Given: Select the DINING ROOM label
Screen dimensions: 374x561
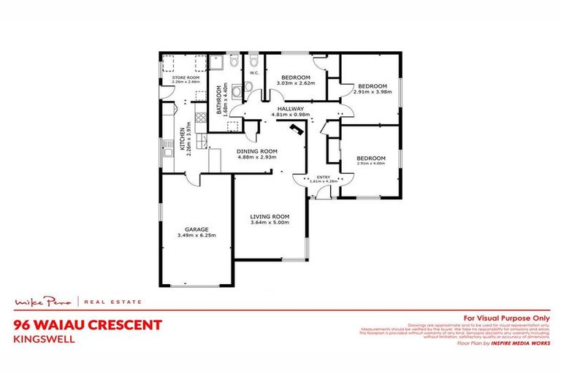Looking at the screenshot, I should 255,151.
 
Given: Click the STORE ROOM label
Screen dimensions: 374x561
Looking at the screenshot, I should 186,77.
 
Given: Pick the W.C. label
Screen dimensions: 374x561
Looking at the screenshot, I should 255,73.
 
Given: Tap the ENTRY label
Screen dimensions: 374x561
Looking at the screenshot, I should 322,178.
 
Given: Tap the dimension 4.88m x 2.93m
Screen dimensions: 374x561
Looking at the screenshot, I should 255,158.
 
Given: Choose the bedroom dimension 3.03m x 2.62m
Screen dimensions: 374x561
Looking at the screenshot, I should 295,83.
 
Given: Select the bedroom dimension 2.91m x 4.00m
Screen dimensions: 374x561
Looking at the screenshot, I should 370,164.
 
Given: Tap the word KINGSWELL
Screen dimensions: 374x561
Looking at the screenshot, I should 39,339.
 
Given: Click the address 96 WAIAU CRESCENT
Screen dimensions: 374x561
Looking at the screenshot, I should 86,325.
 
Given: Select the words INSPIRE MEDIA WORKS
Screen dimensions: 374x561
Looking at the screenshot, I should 521,343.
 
